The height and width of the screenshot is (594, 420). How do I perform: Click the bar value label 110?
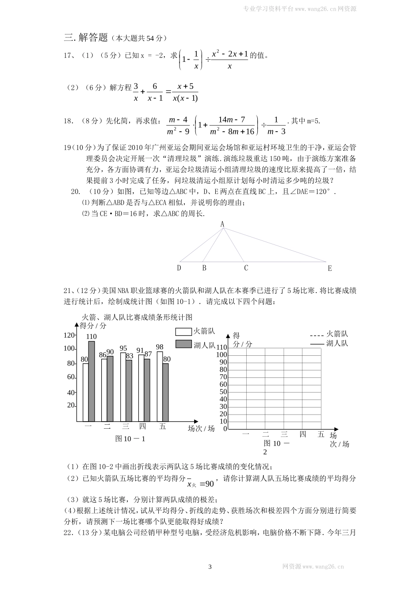(x=92, y=337)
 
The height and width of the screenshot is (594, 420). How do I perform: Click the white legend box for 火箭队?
(x=182, y=332)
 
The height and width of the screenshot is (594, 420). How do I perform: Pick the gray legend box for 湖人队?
(x=182, y=344)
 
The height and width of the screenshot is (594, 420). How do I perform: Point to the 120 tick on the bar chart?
(x=69, y=335)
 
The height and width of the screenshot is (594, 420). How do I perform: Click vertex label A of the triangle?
(x=222, y=224)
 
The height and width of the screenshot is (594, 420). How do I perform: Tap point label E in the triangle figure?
(x=329, y=268)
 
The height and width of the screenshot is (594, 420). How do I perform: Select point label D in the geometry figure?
(x=179, y=268)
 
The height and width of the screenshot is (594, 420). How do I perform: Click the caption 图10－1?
(x=130, y=438)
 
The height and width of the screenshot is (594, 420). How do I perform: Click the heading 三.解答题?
(x=86, y=38)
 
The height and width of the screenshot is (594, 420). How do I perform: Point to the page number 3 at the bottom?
(x=210, y=567)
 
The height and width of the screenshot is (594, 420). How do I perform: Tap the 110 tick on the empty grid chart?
(x=221, y=347)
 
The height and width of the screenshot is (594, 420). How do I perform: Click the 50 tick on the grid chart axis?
(x=223, y=392)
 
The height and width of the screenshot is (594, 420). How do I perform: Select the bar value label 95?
(x=123, y=348)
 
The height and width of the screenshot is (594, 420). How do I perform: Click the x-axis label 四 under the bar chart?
(x=142, y=426)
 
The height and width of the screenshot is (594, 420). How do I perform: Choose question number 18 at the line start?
(x=68, y=121)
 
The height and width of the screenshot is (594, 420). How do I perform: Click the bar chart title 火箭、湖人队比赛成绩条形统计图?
(x=137, y=317)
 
